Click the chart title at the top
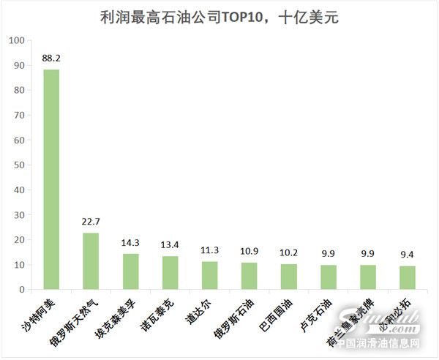pos(219,17)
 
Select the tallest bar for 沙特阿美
pos(51,179)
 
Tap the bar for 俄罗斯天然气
pos(91,261)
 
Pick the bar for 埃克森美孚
pos(130,271)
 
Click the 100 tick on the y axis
pos(16,40)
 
